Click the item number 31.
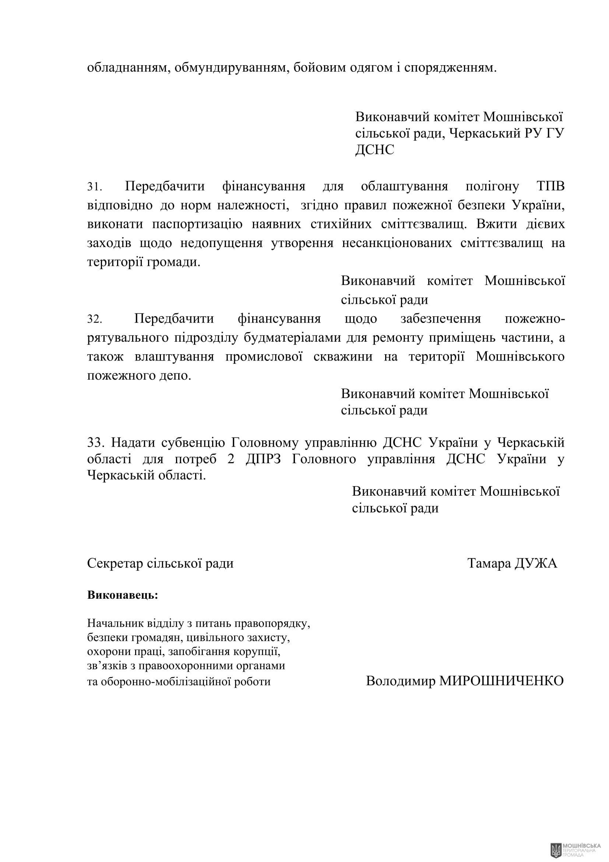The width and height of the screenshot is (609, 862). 94,187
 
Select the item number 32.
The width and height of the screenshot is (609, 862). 94,319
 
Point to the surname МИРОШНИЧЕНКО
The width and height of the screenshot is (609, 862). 501,681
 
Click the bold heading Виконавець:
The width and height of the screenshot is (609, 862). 122,595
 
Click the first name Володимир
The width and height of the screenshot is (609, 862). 400,681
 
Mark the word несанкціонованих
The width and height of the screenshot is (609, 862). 397,243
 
